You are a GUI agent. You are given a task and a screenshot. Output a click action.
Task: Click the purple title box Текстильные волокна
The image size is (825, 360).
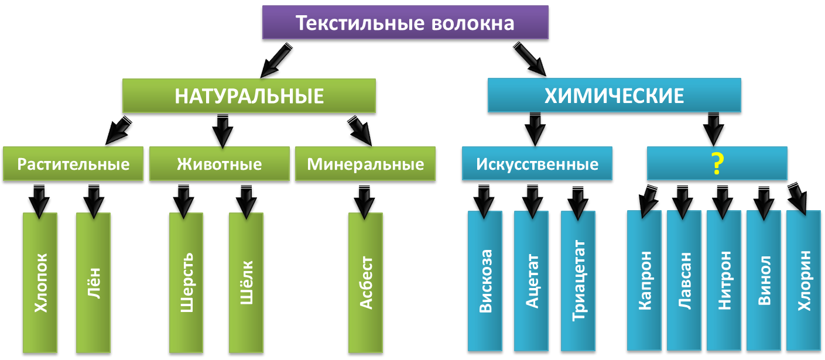point(405,23)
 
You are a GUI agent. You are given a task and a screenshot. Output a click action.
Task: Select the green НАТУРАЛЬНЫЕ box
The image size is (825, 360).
point(249,95)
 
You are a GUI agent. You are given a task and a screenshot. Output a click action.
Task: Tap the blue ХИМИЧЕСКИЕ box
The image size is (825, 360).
point(614,95)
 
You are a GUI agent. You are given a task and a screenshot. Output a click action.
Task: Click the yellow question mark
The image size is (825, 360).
point(716,164)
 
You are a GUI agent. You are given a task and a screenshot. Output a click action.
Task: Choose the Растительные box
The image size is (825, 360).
point(73,164)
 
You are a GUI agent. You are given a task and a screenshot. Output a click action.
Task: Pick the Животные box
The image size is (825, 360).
point(219,164)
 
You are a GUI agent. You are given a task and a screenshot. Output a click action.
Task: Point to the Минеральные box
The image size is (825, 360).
point(365,164)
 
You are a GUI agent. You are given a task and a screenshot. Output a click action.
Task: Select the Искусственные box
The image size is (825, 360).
point(537,164)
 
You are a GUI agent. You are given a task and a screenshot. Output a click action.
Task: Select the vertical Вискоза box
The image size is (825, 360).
point(485,281)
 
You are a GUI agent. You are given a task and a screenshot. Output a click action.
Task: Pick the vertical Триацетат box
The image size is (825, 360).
point(578,281)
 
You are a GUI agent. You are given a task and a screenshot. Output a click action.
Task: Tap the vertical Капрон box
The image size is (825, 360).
point(644,281)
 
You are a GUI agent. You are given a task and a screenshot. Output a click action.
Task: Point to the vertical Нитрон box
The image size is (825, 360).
point(724,281)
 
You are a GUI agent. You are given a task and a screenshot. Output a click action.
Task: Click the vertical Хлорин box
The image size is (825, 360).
point(803,281)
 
